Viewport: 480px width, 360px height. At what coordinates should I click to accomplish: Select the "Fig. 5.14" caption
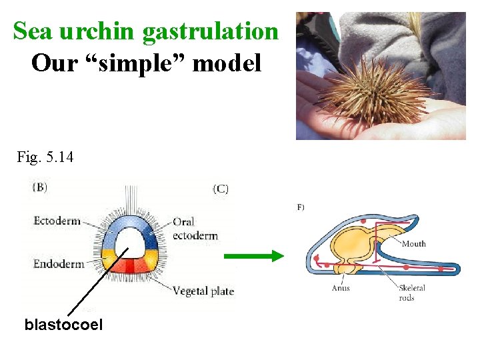point(45,158)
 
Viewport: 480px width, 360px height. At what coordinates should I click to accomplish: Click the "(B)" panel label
point(39,187)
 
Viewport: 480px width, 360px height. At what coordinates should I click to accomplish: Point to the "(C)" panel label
point(221,189)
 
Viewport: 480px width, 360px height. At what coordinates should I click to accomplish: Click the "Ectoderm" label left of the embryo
point(57,221)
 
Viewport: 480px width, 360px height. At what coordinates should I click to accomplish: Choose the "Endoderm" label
point(59,264)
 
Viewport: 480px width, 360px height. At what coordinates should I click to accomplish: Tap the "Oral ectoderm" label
point(195,229)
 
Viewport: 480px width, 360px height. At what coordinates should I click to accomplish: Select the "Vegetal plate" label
point(203,291)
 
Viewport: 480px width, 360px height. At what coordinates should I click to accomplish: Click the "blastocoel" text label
point(63,325)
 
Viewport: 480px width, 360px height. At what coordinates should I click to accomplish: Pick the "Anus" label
point(340,288)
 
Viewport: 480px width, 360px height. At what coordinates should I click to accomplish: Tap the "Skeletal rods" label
point(412,293)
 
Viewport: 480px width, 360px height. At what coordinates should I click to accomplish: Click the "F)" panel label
point(300,207)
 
